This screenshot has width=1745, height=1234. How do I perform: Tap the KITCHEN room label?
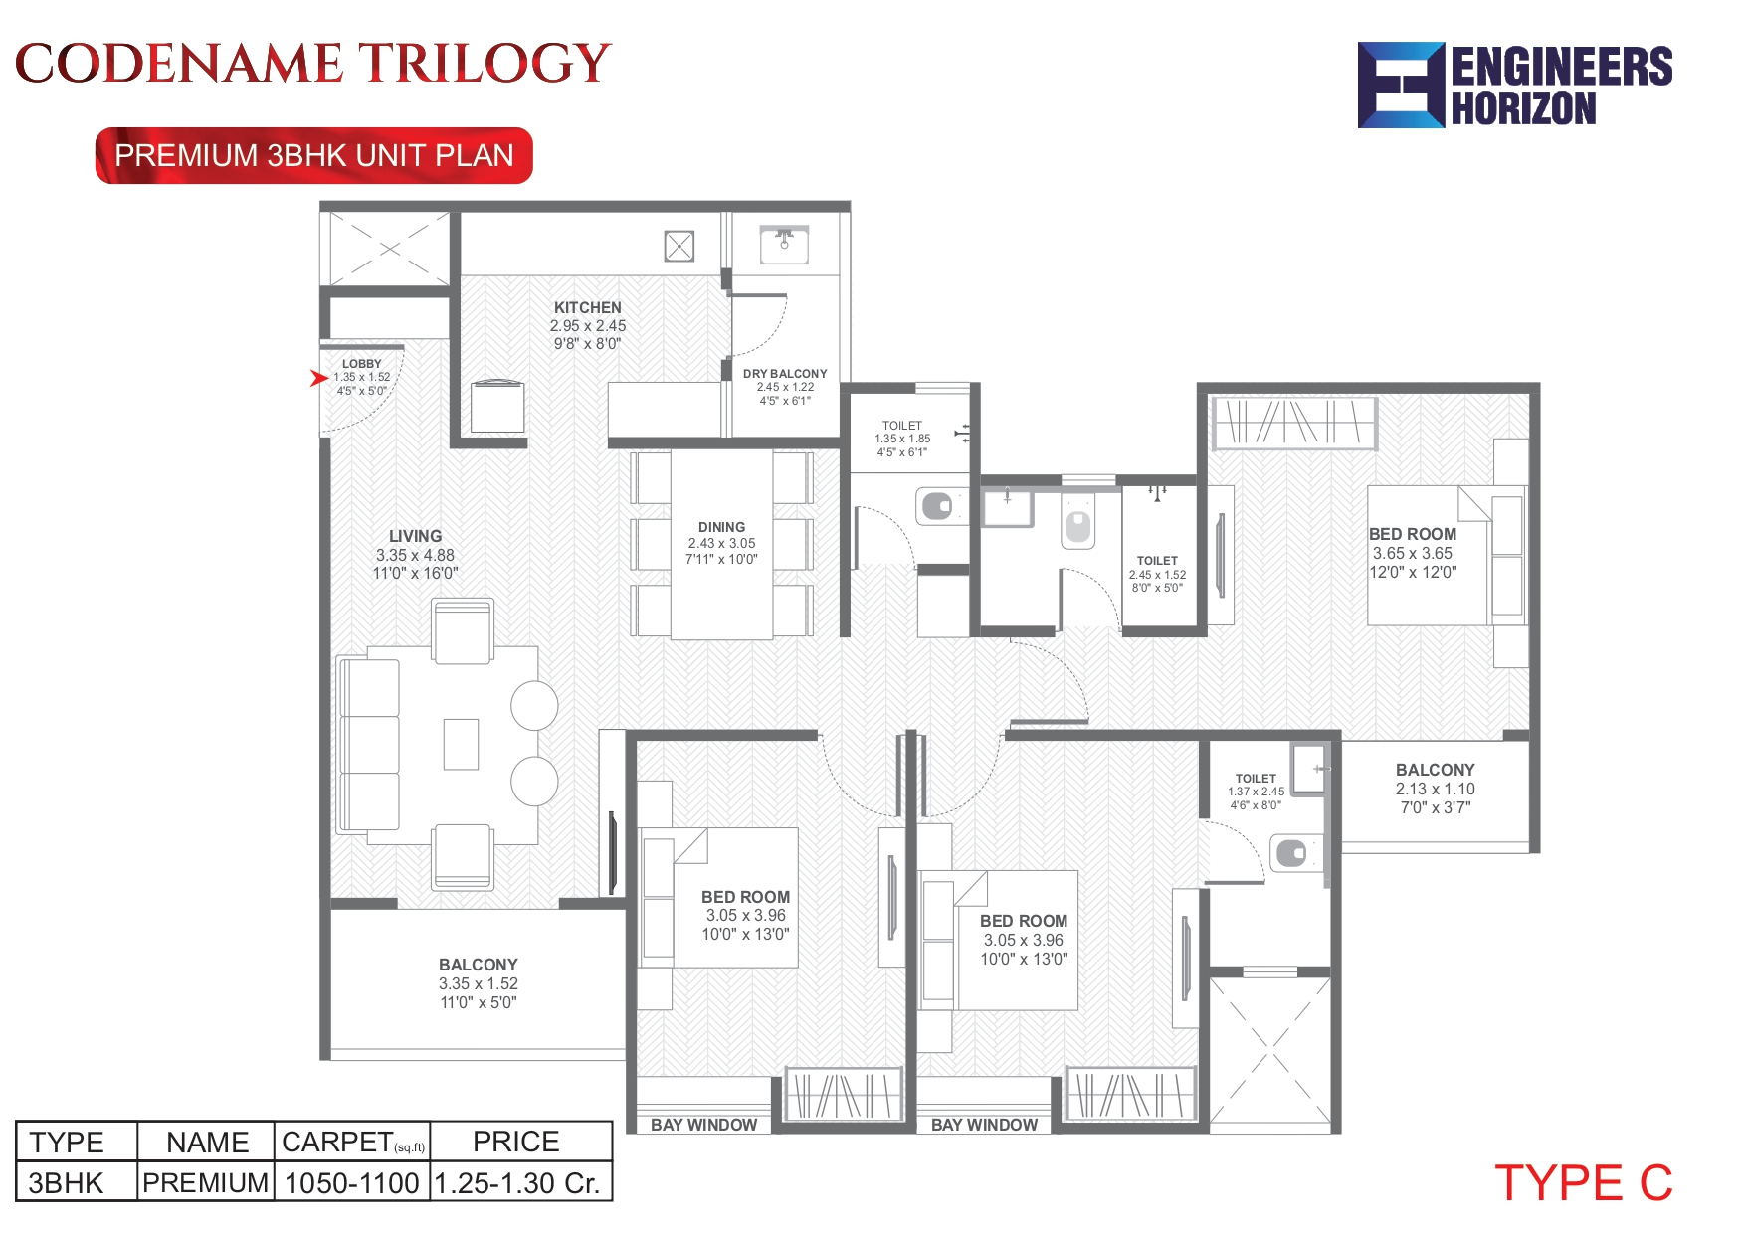(588, 308)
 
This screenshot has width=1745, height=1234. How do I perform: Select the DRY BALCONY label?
(785, 374)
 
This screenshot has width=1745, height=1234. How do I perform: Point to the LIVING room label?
(415, 536)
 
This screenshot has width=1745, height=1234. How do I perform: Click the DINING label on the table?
(721, 527)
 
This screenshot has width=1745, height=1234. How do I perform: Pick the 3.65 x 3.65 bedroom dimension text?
(1413, 553)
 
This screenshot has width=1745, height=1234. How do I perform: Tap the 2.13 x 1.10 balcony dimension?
(1435, 789)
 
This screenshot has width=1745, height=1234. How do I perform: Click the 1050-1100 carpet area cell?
(352, 1183)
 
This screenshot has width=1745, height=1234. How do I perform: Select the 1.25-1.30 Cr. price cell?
(518, 1183)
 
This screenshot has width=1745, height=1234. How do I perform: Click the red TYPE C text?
(1583, 1183)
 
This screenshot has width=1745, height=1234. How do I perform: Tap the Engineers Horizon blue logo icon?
(1401, 86)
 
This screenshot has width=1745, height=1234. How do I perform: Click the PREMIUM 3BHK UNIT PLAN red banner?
(314, 156)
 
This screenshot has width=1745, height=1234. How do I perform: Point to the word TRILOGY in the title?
(485, 64)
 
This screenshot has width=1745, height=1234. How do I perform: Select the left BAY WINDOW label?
(703, 1125)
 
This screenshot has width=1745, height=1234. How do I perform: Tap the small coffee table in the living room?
(461, 744)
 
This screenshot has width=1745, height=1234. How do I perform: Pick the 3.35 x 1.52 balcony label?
(479, 983)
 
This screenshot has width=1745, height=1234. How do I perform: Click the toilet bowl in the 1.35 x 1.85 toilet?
(936, 506)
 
